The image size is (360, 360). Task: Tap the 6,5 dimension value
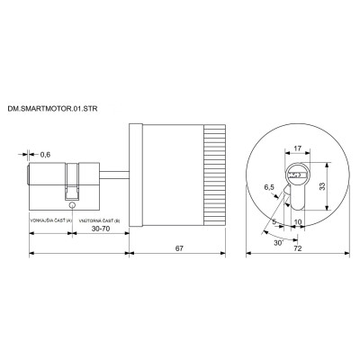267,188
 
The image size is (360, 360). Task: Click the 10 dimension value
299,219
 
